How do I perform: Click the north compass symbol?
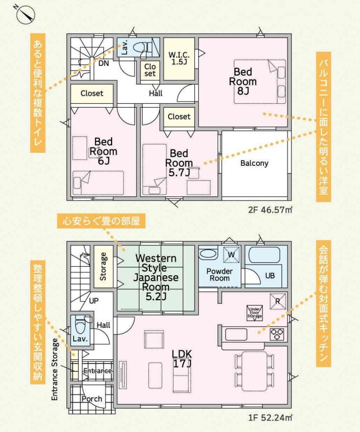[x=24, y=13]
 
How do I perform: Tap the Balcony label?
[x=255, y=164]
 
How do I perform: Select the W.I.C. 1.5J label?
[x=179, y=58]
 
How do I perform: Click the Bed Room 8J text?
[x=242, y=81]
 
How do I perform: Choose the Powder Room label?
[x=219, y=274]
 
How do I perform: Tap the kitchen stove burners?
[x=277, y=334]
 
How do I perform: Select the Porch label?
[x=92, y=399]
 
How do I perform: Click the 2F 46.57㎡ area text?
[x=271, y=210]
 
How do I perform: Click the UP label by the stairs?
[x=94, y=300]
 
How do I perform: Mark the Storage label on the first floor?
[x=103, y=267]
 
